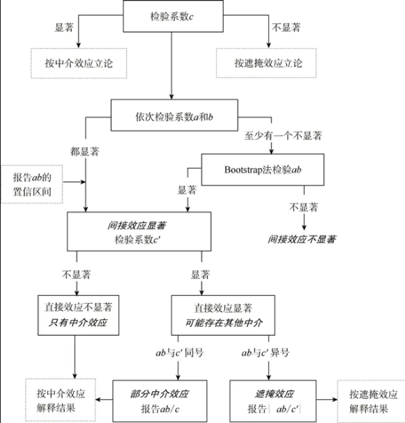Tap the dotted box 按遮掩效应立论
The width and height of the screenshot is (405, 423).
pyautogui.click(x=268, y=64)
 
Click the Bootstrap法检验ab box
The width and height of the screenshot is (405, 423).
pyautogui.click(x=261, y=169)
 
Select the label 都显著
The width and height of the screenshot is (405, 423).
pyautogui.click(x=84, y=149)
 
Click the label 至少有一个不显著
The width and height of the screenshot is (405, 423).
pyautogui.click(x=282, y=135)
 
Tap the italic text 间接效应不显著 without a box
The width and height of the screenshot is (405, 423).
pyautogui.click(x=302, y=239)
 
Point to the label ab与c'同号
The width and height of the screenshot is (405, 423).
pyautogui.click(x=177, y=353)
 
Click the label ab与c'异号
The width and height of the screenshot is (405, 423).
pyautogui.click(x=264, y=353)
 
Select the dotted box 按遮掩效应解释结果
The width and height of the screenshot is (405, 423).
pyautogui.click(x=368, y=401)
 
